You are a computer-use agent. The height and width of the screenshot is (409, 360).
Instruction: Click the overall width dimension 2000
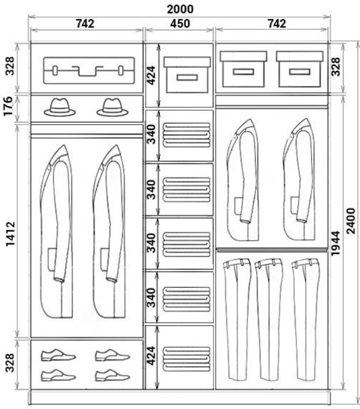point(180,9)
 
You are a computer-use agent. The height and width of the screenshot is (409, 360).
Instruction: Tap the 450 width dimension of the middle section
point(180,24)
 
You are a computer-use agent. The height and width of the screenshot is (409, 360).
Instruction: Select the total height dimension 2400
point(351,221)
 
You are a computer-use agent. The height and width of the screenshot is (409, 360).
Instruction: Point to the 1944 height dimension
point(335,243)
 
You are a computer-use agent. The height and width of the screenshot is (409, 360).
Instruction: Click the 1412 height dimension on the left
point(11,234)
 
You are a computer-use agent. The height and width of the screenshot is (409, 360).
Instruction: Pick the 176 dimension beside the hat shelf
point(8,106)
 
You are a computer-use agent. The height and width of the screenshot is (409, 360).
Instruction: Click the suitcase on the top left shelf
point(89,70)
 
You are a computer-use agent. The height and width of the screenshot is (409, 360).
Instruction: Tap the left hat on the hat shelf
point(60,107)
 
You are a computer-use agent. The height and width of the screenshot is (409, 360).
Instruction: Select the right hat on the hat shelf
point(112,107)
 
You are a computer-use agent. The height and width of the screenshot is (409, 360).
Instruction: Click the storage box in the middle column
point(187,75)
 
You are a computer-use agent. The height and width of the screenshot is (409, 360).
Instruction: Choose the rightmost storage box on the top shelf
point(300,69)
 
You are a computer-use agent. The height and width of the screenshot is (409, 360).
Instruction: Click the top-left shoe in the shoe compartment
point(58,355)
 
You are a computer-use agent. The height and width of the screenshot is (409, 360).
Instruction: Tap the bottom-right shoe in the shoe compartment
point(112,376)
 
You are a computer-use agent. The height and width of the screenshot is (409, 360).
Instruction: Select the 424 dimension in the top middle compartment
point(151,76)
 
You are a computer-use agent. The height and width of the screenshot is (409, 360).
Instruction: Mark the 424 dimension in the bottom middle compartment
point(151,356)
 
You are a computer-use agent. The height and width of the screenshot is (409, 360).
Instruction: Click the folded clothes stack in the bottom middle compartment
point(186,359)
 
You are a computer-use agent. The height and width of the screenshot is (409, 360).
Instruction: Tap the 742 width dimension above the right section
point(277,24)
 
